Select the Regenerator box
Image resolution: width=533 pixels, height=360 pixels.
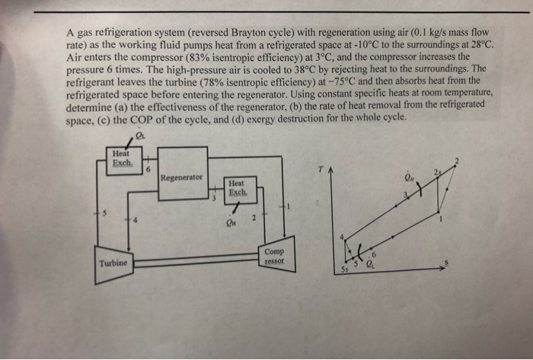182,174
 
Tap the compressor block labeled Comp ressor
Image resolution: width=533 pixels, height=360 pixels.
273,256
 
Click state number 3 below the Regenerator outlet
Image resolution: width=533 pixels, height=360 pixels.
214,197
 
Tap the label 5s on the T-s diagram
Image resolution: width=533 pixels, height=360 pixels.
345,270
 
